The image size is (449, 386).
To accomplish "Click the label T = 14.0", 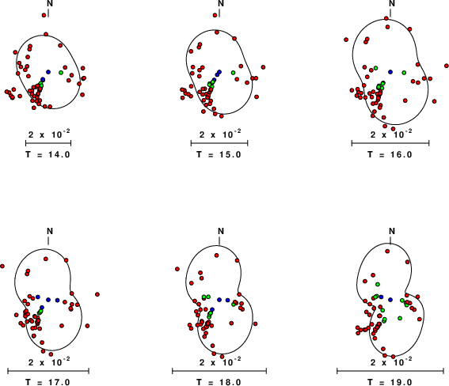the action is (x=48, y=154).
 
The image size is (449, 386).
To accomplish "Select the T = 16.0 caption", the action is (x=390, y=154).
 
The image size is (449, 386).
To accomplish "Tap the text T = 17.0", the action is (x=48, y=382).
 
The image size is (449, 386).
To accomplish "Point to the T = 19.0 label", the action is (x=390, y=382).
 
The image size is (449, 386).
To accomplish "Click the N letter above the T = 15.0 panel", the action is (x=221, y=3).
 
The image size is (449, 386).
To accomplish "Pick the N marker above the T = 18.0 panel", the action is (x=221, y=231).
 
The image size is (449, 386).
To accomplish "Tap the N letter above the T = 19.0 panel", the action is (x=392, y=231).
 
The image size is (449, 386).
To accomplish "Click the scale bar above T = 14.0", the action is (x=48, y=143).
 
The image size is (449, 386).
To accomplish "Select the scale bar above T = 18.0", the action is (x=219, y=371).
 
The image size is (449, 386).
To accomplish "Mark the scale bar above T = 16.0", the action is (x=390, y=143).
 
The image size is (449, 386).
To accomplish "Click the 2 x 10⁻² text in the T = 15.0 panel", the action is (x=220, y=134).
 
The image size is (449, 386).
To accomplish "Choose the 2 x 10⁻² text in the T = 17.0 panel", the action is (x=49, y=361).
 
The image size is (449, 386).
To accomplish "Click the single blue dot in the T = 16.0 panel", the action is (x=390, y=72).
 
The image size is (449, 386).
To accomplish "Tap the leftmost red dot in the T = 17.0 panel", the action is (x=2, y=267).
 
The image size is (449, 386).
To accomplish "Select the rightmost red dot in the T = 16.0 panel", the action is (x=447, y=66).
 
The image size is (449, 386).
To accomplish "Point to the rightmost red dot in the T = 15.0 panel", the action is (x=263, y=67).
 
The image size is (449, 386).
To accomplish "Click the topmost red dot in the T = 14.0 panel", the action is (x=44, y=15).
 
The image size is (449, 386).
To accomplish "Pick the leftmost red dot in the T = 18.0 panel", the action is (x=177, y=269).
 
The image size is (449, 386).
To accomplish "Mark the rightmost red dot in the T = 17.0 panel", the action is (x=97, y=294).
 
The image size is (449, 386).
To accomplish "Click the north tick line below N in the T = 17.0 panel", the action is (x=48, y=240).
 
